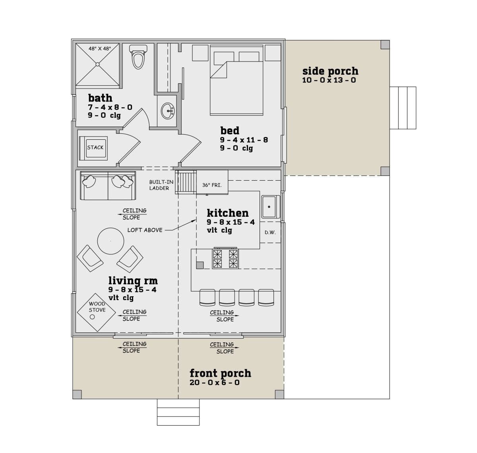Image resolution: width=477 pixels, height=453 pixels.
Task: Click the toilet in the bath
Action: [x=138, y=57]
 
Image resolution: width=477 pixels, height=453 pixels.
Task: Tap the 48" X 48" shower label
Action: [x=100, y=49]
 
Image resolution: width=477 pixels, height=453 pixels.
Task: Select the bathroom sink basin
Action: [x=168, y=111]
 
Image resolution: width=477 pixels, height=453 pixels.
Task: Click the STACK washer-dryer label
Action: [x=95, y=147]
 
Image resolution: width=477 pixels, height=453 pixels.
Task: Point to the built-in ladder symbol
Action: [x=186, y=182]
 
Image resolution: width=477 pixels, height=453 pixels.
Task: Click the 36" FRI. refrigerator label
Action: [x=212, y=185]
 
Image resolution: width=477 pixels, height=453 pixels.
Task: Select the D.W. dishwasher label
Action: [x=270, y=232]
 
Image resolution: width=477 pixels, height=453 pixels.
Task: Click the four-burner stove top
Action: [x=225, y=258]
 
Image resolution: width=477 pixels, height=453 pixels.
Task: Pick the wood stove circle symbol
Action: [x=92, y=317]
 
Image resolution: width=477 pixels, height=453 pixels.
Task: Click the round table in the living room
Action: [x=111, y=241]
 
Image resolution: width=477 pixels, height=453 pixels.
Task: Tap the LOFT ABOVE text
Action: [x=145, y=230]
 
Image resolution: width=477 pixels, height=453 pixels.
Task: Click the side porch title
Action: [x=330, y=71]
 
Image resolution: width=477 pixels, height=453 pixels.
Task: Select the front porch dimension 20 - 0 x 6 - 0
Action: [x=215, y=382]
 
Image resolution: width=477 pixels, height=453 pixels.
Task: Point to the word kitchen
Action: [x=228, y=213]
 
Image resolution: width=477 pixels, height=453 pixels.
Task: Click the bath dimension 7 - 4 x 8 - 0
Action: [x=110, y=107]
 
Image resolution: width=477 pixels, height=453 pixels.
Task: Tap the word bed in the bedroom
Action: [x=229, y=131]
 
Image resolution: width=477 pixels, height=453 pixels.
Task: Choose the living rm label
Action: [x=133, y=281]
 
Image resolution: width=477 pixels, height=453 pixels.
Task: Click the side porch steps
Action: [x=403, y=108]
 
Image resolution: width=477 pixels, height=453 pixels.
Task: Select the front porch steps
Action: [x=178, y=412]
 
